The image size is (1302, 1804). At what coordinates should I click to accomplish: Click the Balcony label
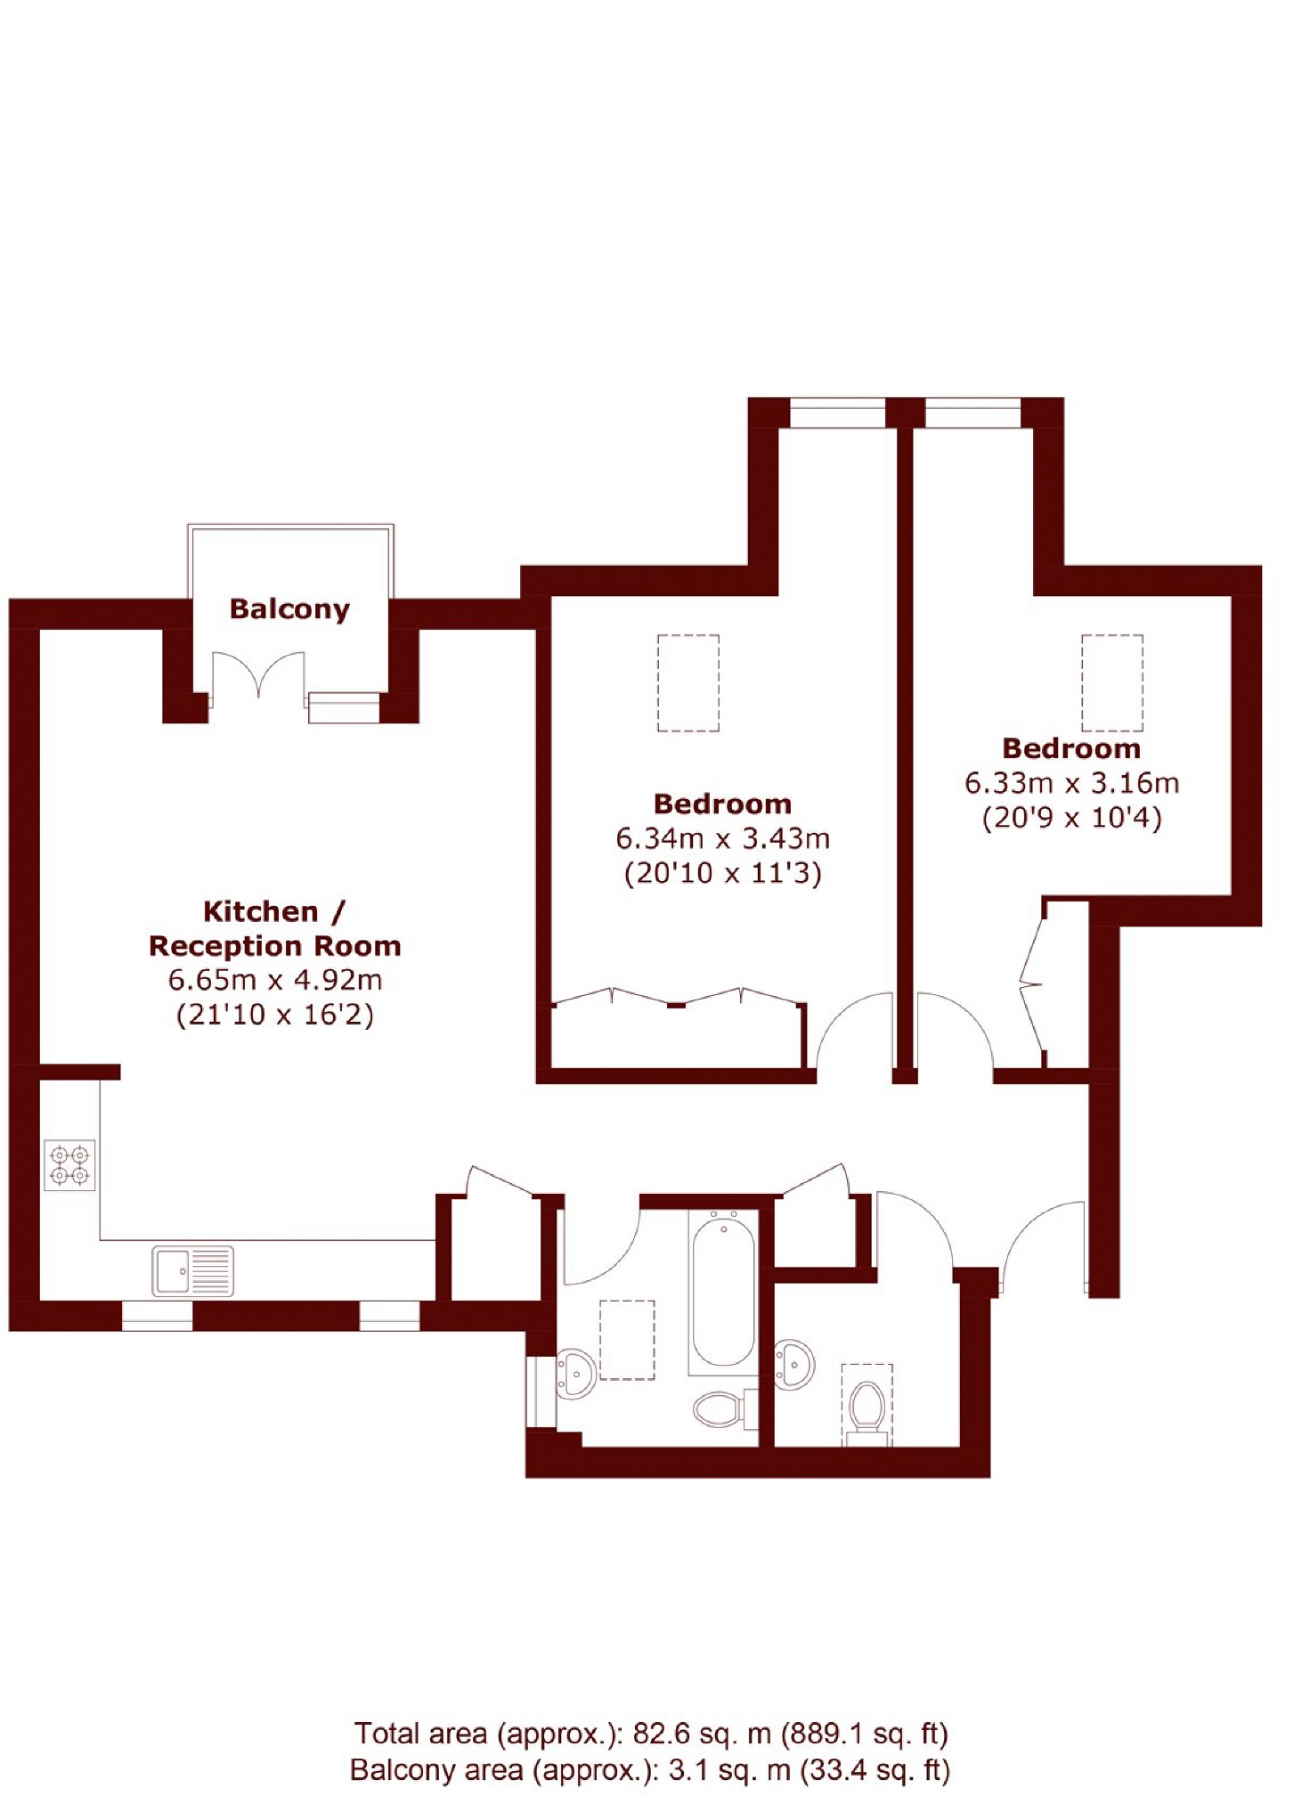289,609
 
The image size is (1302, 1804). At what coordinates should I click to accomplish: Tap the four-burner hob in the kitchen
69,1166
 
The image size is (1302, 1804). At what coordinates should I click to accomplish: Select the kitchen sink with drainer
192,1270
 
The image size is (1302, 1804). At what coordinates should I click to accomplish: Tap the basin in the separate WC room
794,1364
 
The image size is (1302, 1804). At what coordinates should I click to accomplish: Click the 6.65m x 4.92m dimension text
275,980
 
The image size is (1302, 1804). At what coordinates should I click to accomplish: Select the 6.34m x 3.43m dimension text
722,838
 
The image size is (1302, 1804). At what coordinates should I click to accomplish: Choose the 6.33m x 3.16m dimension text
1071,783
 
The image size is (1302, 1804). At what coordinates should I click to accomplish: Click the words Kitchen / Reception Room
275,928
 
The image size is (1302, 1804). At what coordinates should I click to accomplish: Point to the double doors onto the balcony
258,675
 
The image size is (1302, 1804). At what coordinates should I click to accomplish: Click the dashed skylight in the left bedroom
688,683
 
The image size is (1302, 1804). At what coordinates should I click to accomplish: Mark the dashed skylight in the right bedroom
1112,683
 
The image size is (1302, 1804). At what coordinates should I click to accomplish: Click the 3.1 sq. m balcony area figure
729,1769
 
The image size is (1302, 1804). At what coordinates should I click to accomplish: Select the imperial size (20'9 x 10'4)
1071,818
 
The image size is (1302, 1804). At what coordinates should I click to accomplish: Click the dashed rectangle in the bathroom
627,1340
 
